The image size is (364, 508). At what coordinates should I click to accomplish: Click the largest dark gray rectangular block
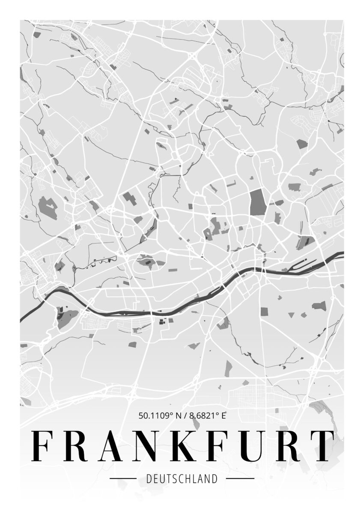[258, 202]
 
